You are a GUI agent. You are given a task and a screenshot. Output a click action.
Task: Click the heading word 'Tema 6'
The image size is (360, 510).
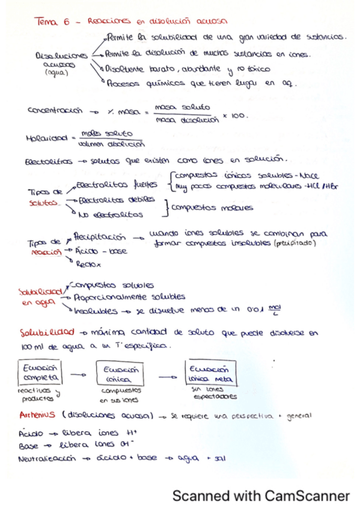tap(53, 22)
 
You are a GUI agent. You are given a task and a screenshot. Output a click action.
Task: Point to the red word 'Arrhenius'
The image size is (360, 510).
tap(37, 415)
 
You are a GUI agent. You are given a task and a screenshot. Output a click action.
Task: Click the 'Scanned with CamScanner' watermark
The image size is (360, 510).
tap(261, 496)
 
